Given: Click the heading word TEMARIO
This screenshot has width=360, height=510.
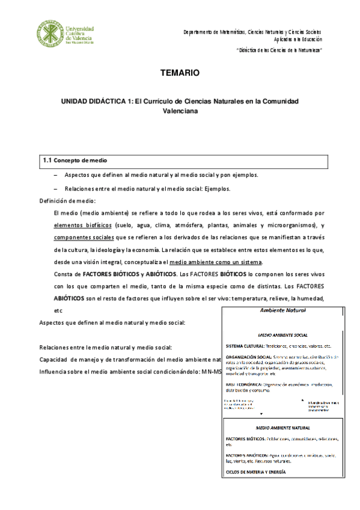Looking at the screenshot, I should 179,73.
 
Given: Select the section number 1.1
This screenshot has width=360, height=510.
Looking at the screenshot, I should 47,161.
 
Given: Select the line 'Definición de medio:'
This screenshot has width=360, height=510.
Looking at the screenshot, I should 67,200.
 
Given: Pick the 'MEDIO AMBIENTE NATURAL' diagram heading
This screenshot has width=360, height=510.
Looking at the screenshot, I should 282,426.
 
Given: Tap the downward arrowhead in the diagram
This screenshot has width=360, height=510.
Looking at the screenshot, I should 261,415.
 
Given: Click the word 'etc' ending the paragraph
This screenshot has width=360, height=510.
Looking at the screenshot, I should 58,311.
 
